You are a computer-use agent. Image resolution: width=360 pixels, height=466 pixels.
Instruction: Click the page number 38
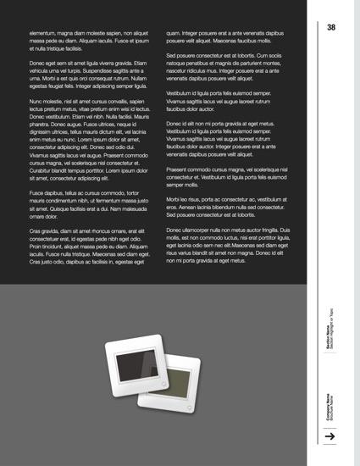(331, 28)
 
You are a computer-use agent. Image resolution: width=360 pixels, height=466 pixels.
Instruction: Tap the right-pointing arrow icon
(331, 435)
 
